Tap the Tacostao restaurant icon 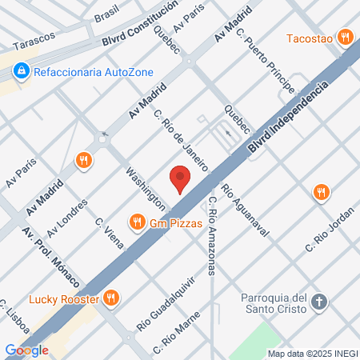pyautogui.click(x=345, y=36)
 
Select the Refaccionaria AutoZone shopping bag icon pyautogui.click(x=18, y=72)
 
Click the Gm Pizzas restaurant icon pyautogui.click(x=138, y=222)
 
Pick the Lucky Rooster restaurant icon pyautogui.click(x=111, y=300)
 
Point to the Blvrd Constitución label pyautogui.click(x=141, y=27)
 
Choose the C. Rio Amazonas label pyautogui.click(x=212, y=235)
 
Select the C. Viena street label pyautogui.click(x=109, y=233)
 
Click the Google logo pyautogui.click(x=27, y=350)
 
